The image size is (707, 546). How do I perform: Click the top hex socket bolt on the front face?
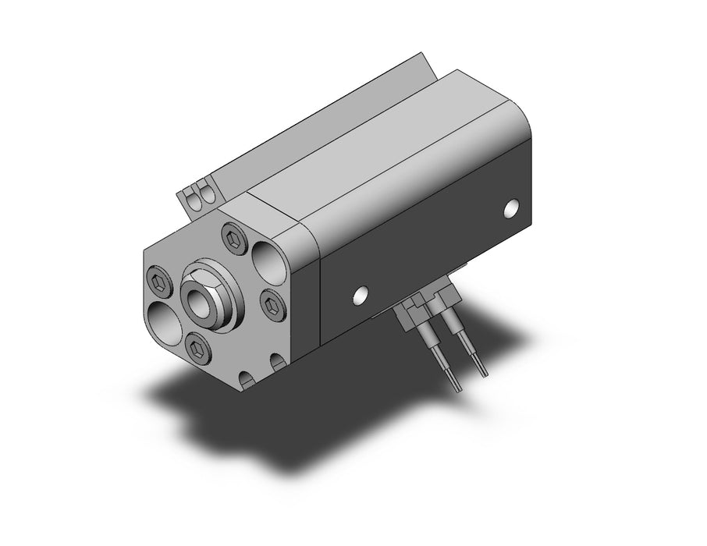tap(232, 239)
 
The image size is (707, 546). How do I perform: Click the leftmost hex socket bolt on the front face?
tap(156, 282)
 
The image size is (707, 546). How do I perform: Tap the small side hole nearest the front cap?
tap(360, 295)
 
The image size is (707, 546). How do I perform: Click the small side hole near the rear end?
tap(511, 208)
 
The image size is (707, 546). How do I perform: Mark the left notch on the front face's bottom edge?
tap(247, 379)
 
